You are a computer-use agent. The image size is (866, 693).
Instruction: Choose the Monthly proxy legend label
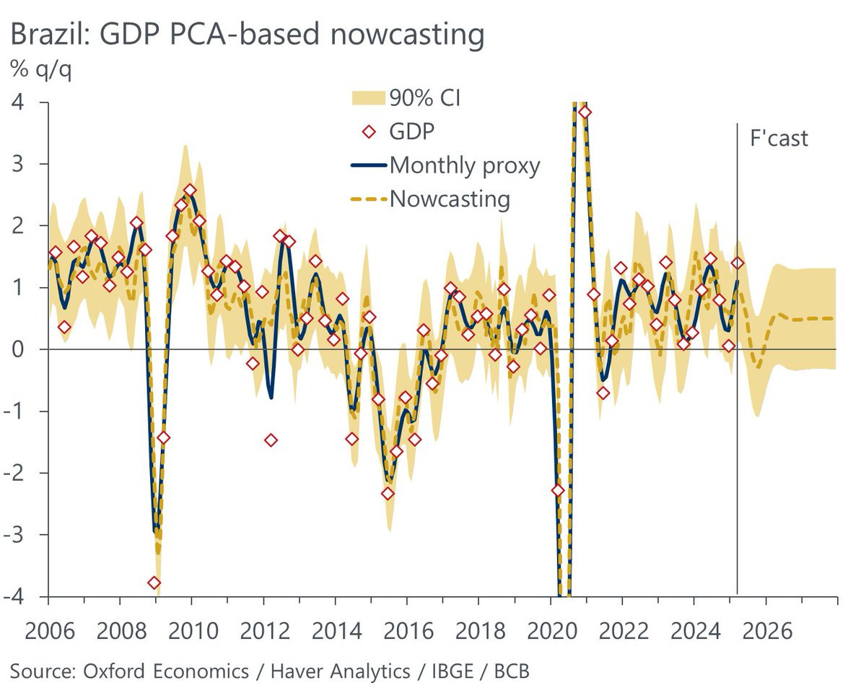click(x=465, y=165)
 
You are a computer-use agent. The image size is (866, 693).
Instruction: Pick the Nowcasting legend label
click(x=450, y=199)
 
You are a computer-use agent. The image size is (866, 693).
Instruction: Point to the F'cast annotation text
click(x=779, y=138)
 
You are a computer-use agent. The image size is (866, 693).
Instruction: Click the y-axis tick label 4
click(x=17, y=102)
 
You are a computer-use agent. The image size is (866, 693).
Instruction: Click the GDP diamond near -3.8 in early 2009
click(x=154, y=583)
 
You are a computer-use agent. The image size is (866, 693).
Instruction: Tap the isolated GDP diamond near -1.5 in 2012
click(x=271, y=440)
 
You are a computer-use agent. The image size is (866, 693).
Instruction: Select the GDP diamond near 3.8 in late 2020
click(x=585, y=112)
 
